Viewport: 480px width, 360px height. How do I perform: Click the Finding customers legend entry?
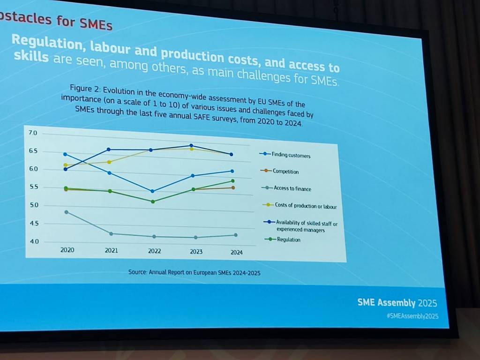291,155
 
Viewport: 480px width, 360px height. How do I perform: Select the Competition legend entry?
285,172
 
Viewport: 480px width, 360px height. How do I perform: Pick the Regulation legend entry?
288,240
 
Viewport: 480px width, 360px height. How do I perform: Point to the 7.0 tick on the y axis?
33,134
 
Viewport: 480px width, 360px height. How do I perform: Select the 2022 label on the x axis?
154,251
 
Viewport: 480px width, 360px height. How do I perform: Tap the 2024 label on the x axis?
236,253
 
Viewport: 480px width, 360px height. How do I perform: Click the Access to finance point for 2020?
67,212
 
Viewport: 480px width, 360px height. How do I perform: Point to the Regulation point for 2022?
152,202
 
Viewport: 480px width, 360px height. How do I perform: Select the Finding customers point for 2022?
152,191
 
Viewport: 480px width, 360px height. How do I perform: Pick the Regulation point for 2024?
232,181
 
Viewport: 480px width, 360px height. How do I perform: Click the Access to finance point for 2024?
235,235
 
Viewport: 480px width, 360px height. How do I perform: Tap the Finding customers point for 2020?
65,154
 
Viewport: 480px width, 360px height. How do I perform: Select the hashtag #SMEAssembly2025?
412,316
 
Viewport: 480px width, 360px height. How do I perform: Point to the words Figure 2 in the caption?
84,88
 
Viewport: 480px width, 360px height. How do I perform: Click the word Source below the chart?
137,271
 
